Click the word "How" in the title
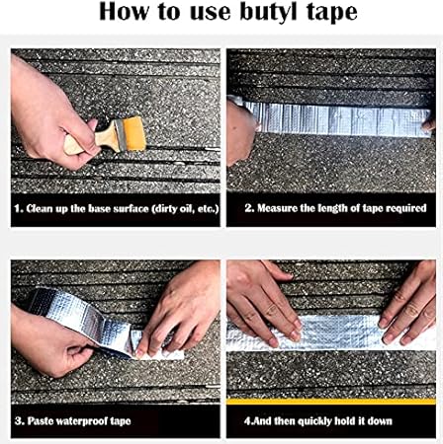pyautogui.click(x=125, y=12)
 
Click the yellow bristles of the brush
pyautogui.click(x=134, y=134)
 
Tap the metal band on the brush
pyautogui.click(x=120, y=136)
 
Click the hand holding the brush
pyautogui.click(x=49, y=115)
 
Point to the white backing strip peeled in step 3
pyautogui.click(x=165, y=353)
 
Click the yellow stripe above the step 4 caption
pyautogui.click(x=331, y=401)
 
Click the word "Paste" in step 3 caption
pyautogui.click(x=41, y=421)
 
